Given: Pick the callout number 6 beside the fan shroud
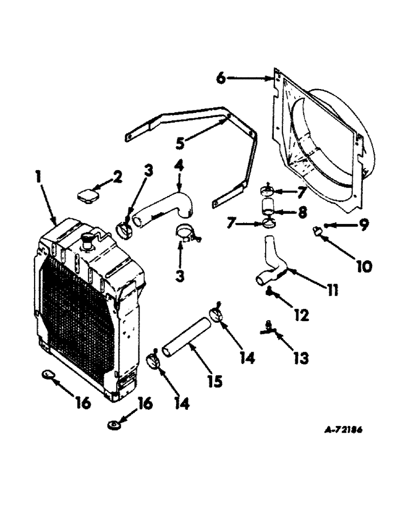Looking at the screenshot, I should pyautogui.click(x=220, y=78).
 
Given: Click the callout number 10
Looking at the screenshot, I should pyautogui.click(x=363, y=266).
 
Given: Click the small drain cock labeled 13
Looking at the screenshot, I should pyautogui.click(x=268, y=331).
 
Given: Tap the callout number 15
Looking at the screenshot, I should pyautogui.click(x=218, y=380).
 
